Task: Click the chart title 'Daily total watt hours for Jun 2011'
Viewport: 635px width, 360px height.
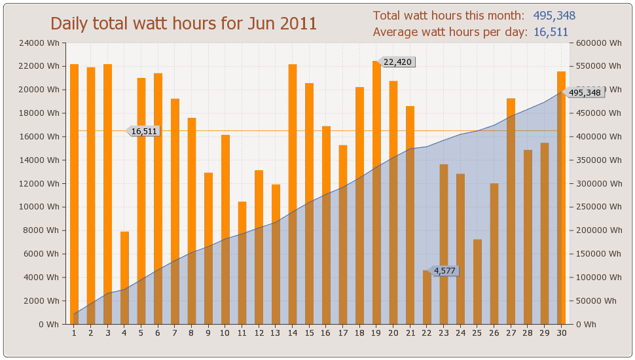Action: pyautogui.click(x=184, y=24)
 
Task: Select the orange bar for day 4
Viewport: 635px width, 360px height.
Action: pyautogui.click(x=124, y=278)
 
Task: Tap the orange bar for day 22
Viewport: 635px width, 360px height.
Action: pyautogui.click(x=427, y=297)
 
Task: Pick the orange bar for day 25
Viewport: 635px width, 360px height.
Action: pyautogui.click(x=477, y=281)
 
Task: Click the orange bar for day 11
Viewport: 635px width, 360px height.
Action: pyautogui.click(x=242, y=263)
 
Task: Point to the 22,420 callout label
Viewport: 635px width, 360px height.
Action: pyautogui.click(x=397, y=62)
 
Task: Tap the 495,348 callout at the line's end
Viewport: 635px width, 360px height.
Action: pyautogui.click(x=585, y=93)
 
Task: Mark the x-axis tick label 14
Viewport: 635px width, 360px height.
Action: pyautogui.click(x=292, y=333)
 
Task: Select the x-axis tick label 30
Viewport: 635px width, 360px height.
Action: pyautogui.click(x=561, y=333)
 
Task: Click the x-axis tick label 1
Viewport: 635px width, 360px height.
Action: pyautogui.click(x=74, y=333)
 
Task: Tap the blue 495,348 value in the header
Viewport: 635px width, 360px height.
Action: pyautogui.click(x=554, y=16)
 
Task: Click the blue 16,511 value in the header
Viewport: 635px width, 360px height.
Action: pyautogui.click(x=551, y=32)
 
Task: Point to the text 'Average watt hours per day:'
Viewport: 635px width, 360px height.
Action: pyautogui.click(x=450, y=32)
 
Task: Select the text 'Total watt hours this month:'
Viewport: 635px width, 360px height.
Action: pyautogui.click(x=448, y=16)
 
